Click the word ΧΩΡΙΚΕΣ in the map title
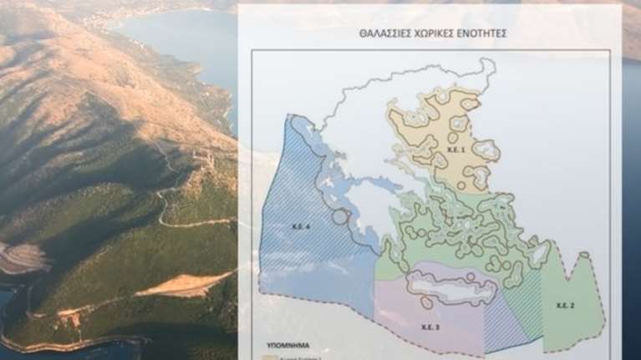431,35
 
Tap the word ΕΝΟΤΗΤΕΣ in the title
481,35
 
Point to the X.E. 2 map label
566,307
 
